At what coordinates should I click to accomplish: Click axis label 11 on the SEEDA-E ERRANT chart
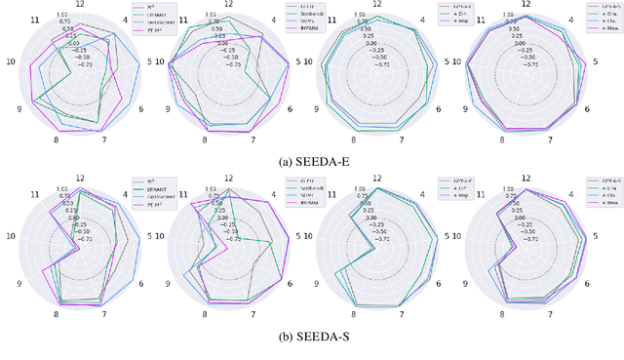click(x=35, y=20)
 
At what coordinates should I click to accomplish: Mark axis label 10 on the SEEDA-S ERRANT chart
click(x=10, y=236)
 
